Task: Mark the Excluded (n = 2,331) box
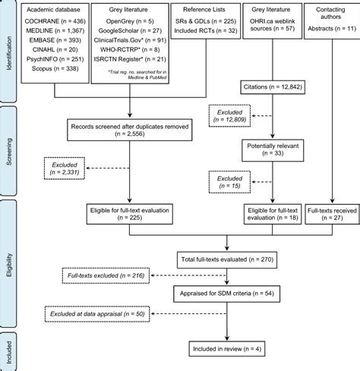65,168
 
